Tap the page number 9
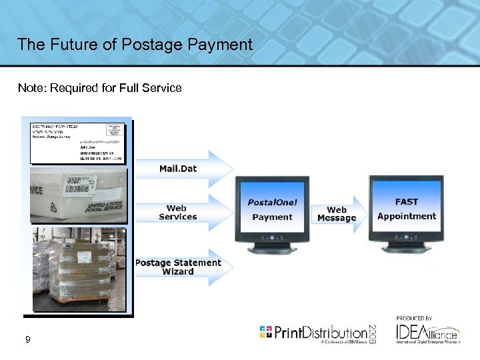tap(27, 340)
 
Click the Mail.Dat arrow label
tap(178, 169)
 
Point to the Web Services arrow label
tap(177, 213)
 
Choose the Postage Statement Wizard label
tap(178, 267)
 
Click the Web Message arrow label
tap(337, 214)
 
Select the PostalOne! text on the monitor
tap(272, 203)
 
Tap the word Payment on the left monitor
tap(272, 217)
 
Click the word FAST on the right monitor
tap(406, 201)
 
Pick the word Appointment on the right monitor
tap(406, 216)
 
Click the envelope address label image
tap(77, 141)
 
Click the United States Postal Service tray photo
tap(78, 195)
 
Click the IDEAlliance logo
tap(427, 333)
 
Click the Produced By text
tap(414, 318)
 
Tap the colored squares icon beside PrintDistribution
tap(266, 332)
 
